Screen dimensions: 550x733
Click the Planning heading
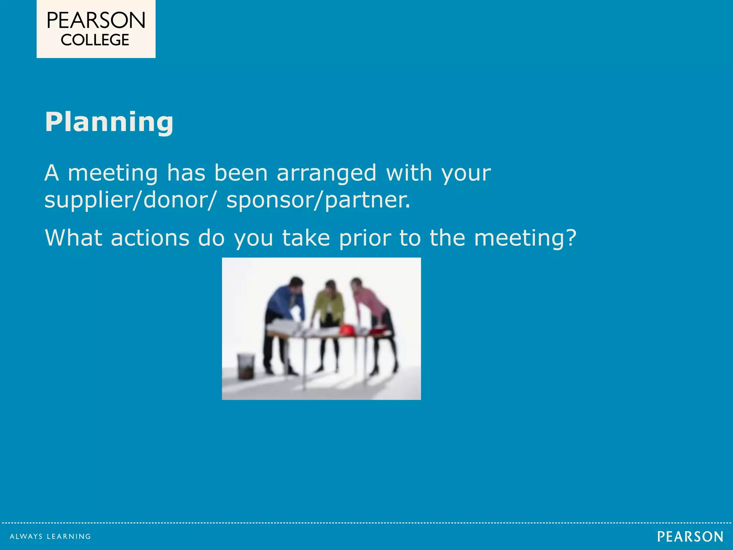(109, 122)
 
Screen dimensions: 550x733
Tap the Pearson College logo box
(96, 29)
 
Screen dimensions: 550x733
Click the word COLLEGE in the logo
(95, 40)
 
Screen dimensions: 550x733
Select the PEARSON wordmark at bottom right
(690, 537)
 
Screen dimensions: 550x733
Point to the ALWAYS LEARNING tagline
(50, 536)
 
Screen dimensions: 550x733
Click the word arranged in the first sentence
(326, 173)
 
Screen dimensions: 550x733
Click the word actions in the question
(150, 238)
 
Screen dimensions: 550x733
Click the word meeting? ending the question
(525, 238)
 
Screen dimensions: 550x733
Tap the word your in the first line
(466, 174)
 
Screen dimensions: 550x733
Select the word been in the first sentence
(241, 173)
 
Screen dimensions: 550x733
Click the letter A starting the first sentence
(52, 173)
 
